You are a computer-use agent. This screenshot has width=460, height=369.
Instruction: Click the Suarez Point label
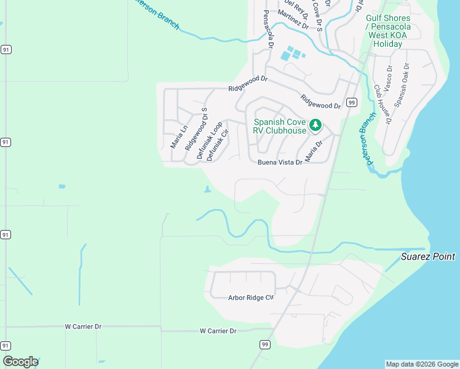pos(428,256)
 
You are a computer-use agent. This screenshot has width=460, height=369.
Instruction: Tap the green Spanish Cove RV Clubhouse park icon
pos(315,125)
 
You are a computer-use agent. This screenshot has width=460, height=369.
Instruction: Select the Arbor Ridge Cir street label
pos(250,298)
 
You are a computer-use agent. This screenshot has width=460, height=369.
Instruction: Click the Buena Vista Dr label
pos(280,162)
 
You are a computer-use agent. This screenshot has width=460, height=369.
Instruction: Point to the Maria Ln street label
pos(178,137)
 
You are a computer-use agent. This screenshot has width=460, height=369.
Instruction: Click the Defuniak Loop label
pos(209,141)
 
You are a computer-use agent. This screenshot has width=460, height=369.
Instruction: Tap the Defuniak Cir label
pos(218,145)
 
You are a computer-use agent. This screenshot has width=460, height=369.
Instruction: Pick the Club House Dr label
pos(383,105)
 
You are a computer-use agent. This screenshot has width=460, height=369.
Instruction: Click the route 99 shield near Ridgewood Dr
pos(351,102)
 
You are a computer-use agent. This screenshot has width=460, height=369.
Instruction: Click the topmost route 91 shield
pos(6,50)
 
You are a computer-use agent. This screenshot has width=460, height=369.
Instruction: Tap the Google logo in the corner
pos(20,362)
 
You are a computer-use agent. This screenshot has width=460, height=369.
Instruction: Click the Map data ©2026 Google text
pos(421,364)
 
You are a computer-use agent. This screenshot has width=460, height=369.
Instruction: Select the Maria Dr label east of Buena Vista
pos(314,151)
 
